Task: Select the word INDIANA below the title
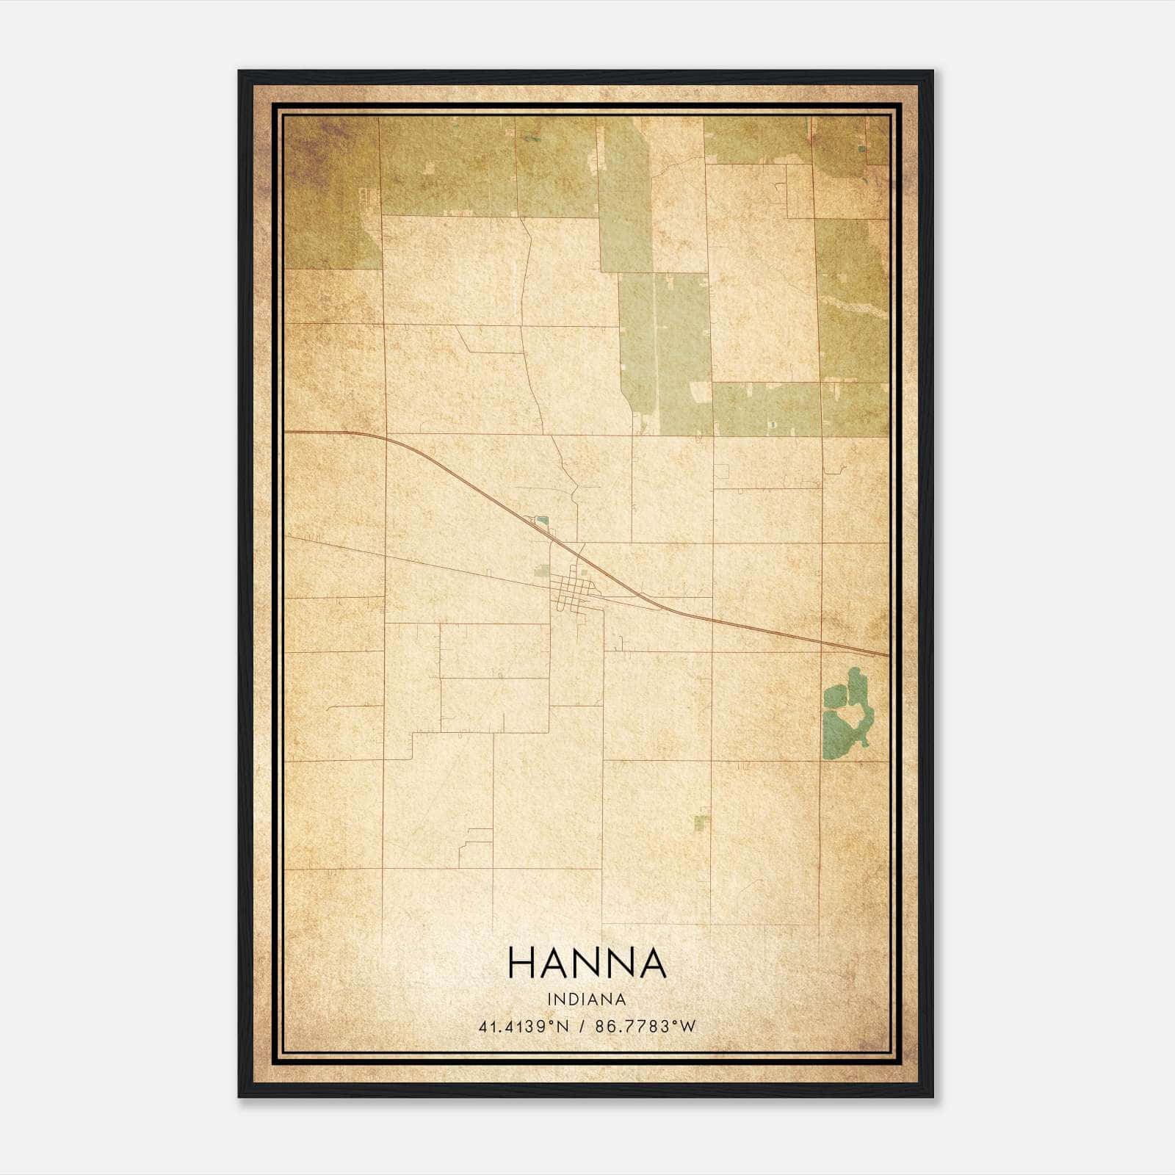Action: (x=587, y=999)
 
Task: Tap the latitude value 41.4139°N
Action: (x=524, y=1027)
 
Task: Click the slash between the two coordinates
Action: (x=582, y=1027)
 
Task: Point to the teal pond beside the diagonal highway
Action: (x=542, y=522)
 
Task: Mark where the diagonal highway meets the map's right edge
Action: (x=889, y=654)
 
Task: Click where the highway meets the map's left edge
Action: (x=285, y=433)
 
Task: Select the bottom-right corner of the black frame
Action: (x=932, y=1096)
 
